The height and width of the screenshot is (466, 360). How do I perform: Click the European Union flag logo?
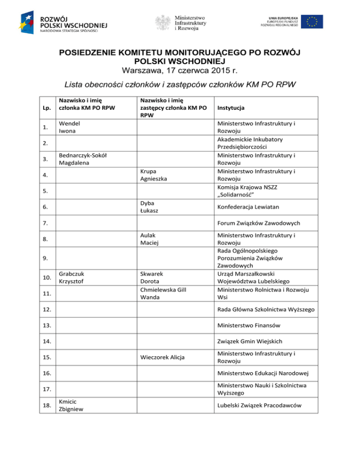coord(312,22)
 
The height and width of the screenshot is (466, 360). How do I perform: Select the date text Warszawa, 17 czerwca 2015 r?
coord(180,71)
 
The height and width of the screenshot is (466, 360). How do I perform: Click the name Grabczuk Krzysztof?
coord(72,277)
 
